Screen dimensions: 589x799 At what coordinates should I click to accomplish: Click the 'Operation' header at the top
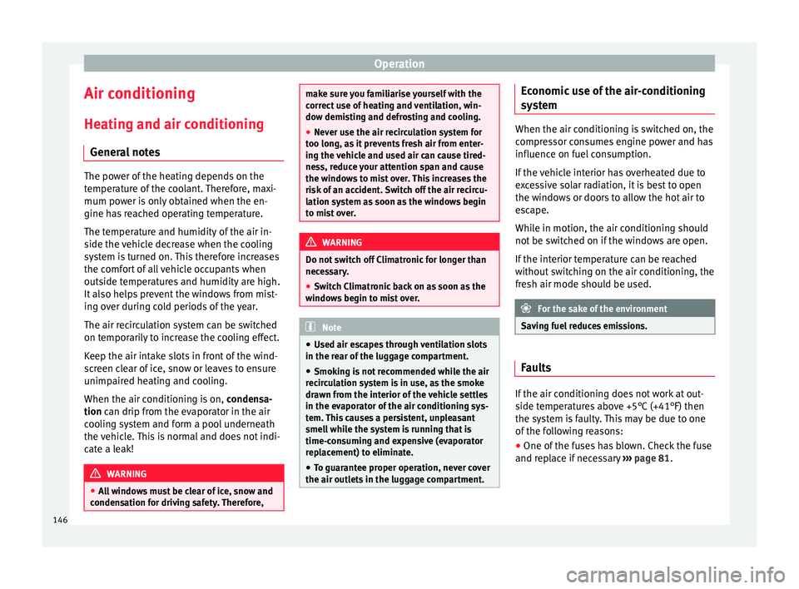point(399,62)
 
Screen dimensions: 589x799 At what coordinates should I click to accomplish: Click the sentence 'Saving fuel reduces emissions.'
point(584,326)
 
